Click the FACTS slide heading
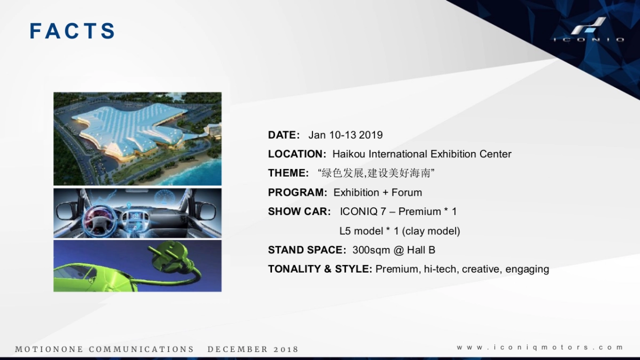73,31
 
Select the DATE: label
284,135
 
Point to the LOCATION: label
297,154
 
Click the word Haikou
349,154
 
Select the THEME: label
289,173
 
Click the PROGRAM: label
298,193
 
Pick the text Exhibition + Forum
378,193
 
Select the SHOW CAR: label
299,212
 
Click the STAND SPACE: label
307,250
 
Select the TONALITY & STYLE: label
320,269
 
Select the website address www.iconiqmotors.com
540,347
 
